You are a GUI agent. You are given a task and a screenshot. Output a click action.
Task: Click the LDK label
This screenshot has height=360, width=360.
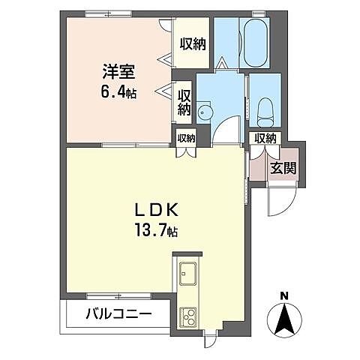tap(155, 207)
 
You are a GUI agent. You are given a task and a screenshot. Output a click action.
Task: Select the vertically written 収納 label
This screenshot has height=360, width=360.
tap(184, 102)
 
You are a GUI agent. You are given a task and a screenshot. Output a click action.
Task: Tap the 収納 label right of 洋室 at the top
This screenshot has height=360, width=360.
tap(193, 43)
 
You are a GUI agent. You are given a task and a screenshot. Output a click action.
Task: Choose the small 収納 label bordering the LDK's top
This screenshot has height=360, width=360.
tap(186, 137)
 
